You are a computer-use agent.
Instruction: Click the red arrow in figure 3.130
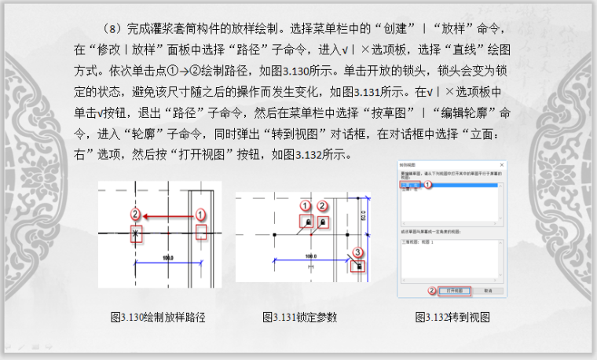click(x=168, y=214)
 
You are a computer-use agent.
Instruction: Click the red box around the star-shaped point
click(x=136, y=234)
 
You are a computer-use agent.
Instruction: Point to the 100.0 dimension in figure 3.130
click(x=166, y=258)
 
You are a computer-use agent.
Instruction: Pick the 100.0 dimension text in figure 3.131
click(x=309, y=257)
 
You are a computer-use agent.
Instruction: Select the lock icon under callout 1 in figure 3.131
click(x=304, y=222)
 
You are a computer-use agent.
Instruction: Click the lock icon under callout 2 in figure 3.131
click(x=323, y=223)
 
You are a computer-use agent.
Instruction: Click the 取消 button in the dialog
click(x=487, y=290)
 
